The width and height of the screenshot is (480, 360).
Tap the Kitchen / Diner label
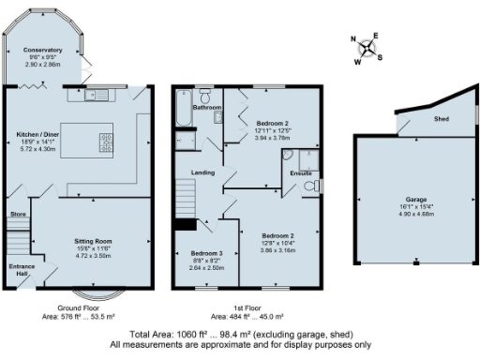[x=44, y=134]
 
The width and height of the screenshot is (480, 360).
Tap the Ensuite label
[x=301, y=173]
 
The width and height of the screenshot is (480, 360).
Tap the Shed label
[x=440, y=120]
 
